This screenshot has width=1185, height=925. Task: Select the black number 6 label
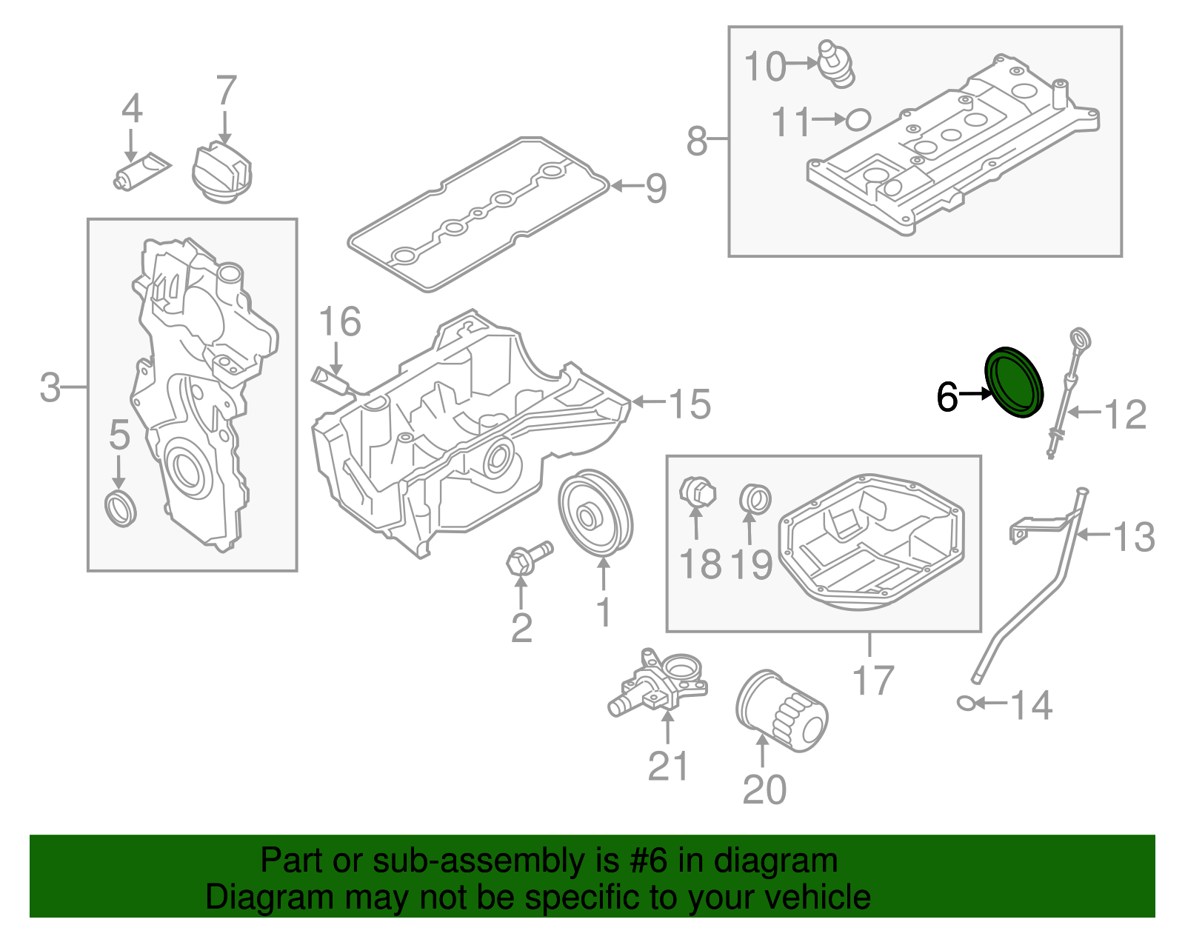(x=947, y=397)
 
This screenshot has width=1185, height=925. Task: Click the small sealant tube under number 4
(x=141, y=172)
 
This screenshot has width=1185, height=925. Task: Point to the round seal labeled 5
(x=121, y=507)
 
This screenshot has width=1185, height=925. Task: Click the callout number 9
(x=655, y=188)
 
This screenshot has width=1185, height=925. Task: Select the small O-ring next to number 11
(x=858, y=119)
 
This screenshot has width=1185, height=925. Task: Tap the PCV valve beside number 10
(x=835, y=65)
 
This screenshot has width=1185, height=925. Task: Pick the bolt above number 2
(x=527, y=556)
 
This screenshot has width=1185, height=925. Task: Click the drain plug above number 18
(x=697, y=492)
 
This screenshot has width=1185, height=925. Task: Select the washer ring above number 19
(x=755, y=498)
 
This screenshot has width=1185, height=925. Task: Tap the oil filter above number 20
(x=781, y=712)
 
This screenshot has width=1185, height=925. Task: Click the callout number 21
(x=668, y=766)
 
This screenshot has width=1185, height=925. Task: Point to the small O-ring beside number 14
(x=966, y=702)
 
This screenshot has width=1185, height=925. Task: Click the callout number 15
(x=690, y=404)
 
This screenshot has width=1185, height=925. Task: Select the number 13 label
(x=1133, y=536)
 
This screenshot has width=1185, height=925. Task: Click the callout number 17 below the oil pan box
(x=873, y=680)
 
